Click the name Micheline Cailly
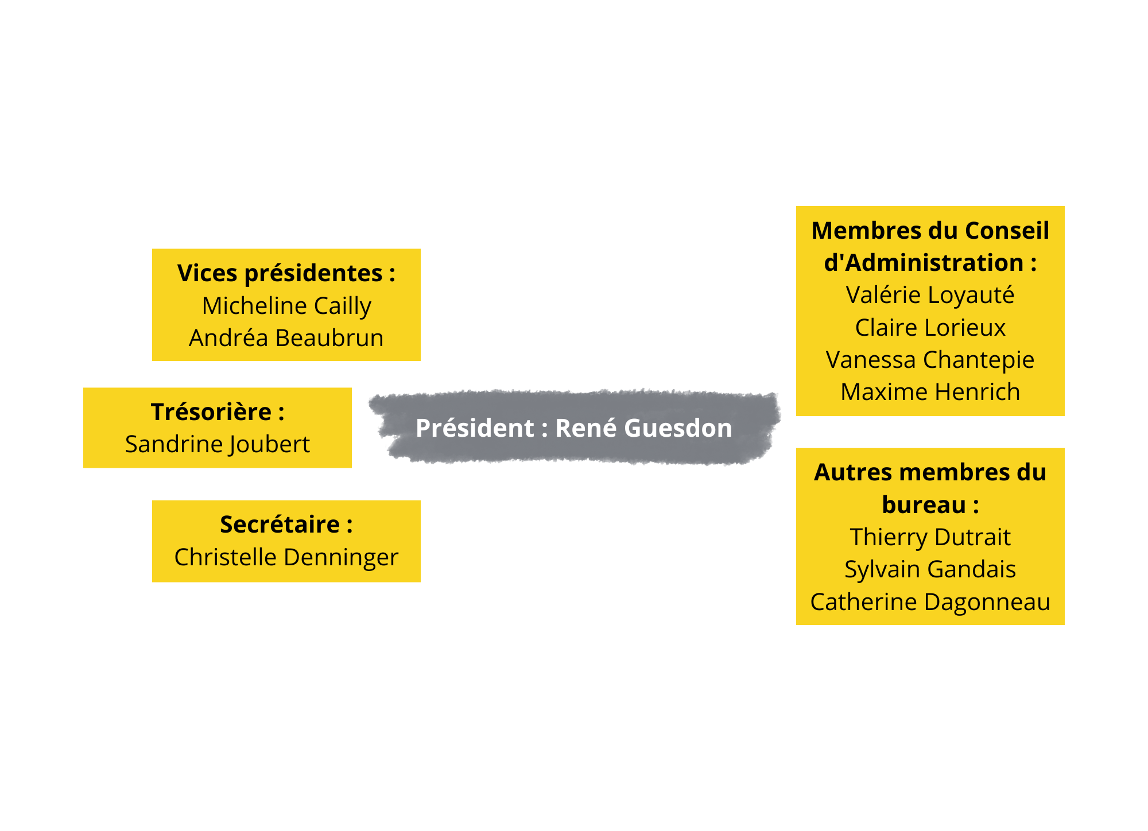(x=286, y=306)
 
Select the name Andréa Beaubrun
(x=286, y=338)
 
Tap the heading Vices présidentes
(x=280, y=274)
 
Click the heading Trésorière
(x=211, y=412)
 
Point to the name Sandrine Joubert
(x=218, y=445)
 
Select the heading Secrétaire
(x=280, y=525)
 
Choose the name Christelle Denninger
(x=286, y=557)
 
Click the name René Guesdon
(x=643, y=428)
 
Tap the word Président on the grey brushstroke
(x=475, y=428)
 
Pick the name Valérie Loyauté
(x=930, y=295)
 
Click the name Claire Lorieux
(x=930, y=328)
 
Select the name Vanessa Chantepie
(x=930, y=360)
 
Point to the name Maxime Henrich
(x=930, y=393)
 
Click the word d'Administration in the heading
(x=924, y=263)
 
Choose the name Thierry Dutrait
(x=930, y=538)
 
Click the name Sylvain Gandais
(x=930, y=570)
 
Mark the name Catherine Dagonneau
(x=930, y=603)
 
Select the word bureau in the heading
(x=924, y=505)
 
